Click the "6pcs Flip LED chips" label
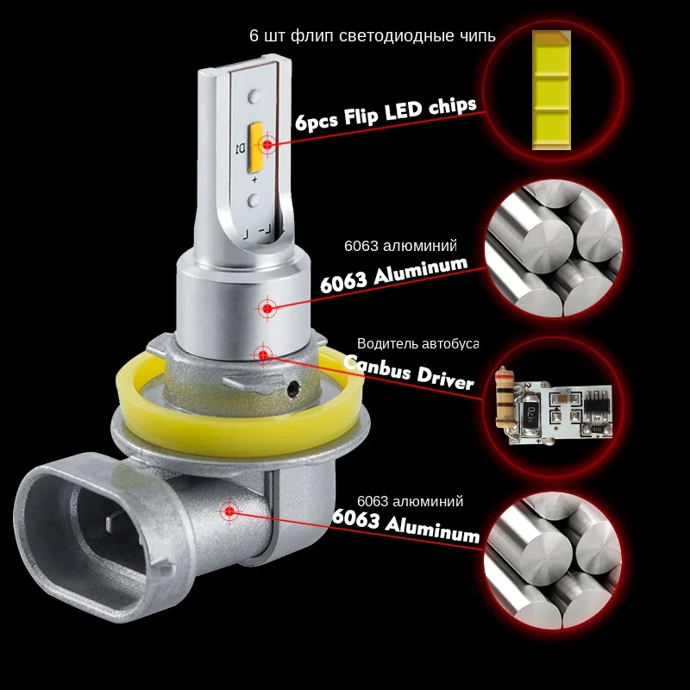(x=385, y=113)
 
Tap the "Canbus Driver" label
(x=408, y=371)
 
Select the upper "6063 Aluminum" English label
(x=393, y=275)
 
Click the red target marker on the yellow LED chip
(x=267, y=144)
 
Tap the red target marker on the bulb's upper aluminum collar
(x=267, y=308)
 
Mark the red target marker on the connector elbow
(x=229, y=511)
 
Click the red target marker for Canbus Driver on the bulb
(x=260, y=353)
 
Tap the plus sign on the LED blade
(x=255, y=179)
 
